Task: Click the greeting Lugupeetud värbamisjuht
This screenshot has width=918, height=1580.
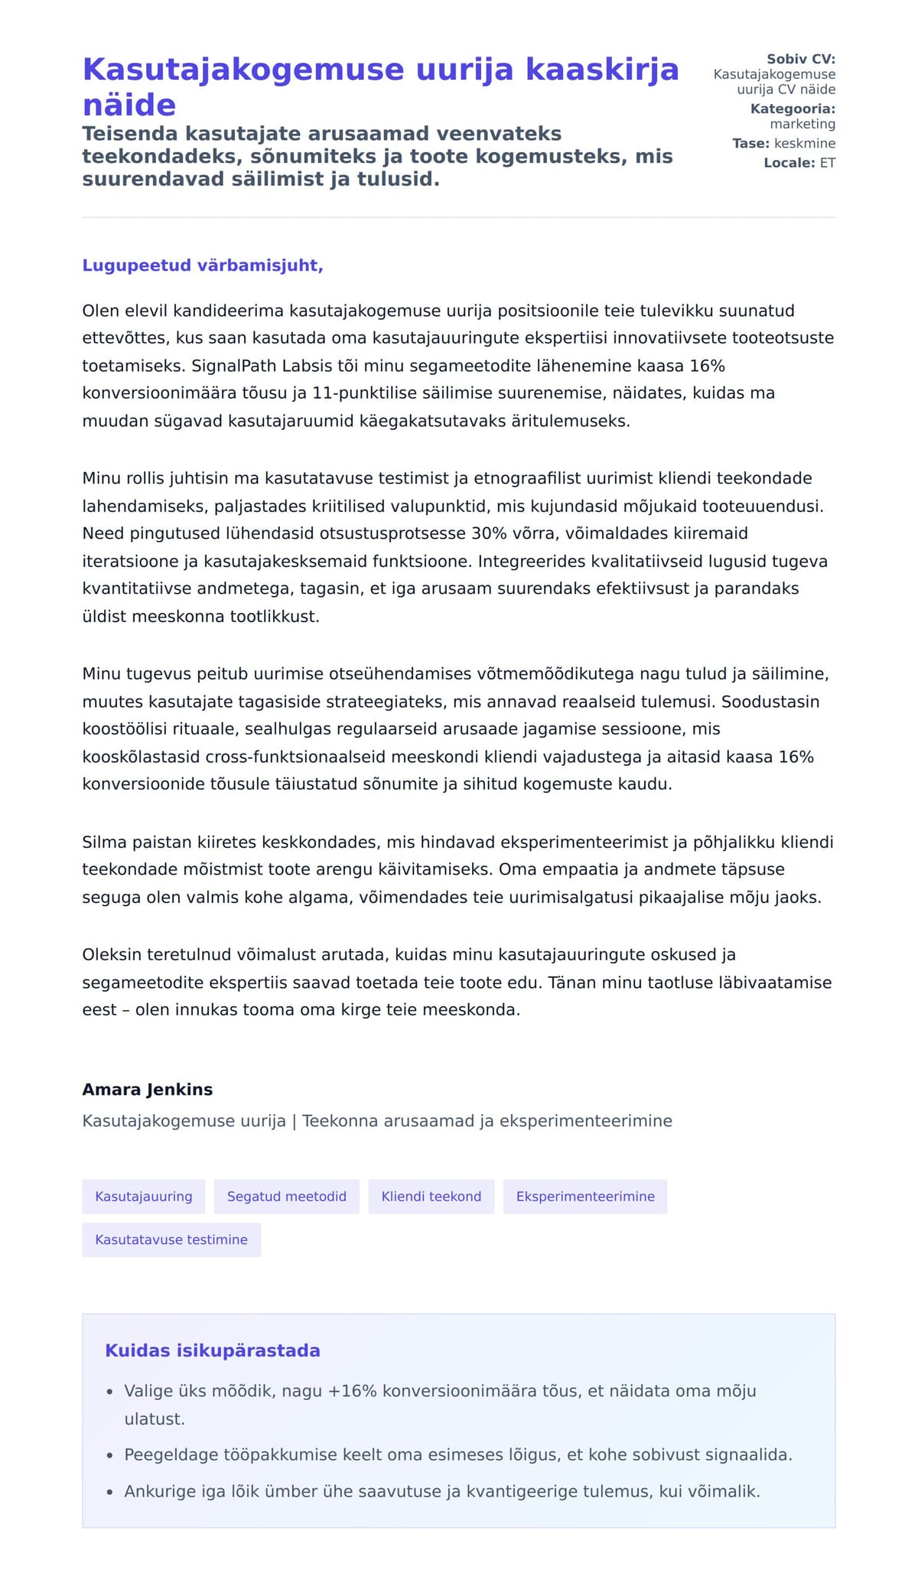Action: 203,266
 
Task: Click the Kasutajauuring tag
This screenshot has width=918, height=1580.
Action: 144,1197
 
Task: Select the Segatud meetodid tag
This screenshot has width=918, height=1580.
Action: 287,1197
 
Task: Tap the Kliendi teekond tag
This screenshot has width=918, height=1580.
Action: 431,1197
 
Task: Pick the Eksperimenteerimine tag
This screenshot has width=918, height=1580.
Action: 585,1197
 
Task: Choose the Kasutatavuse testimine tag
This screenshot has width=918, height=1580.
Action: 171,1240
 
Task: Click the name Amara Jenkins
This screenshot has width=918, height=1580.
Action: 148,1090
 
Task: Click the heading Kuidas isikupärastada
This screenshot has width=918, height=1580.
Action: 213,1350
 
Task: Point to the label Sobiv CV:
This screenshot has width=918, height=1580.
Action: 801,59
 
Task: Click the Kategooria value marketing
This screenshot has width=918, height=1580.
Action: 802,124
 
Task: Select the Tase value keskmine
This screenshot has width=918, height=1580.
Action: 805,143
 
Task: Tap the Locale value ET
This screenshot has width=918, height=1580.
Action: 828,163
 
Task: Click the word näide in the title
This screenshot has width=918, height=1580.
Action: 129,105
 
